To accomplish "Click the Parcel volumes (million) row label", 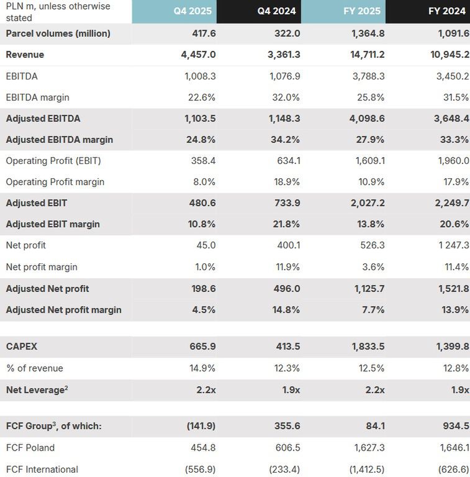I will coord(58,34).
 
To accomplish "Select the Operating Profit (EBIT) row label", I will coord(53,161).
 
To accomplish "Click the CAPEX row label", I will coord(22,347).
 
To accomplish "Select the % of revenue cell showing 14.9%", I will coord(202,368).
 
